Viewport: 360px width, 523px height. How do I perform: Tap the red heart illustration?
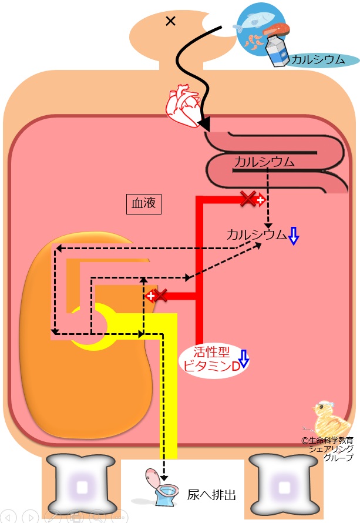[x=184, y=104]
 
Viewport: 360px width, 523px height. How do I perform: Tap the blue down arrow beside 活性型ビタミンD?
[x=243, y=358]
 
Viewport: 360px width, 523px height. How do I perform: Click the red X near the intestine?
[x=249, y=200]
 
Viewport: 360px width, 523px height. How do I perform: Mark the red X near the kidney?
[x=160, y=295]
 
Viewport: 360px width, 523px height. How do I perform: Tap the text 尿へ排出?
[x=211, y=495]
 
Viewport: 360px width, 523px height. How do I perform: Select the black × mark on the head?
[x=171, y=21]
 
